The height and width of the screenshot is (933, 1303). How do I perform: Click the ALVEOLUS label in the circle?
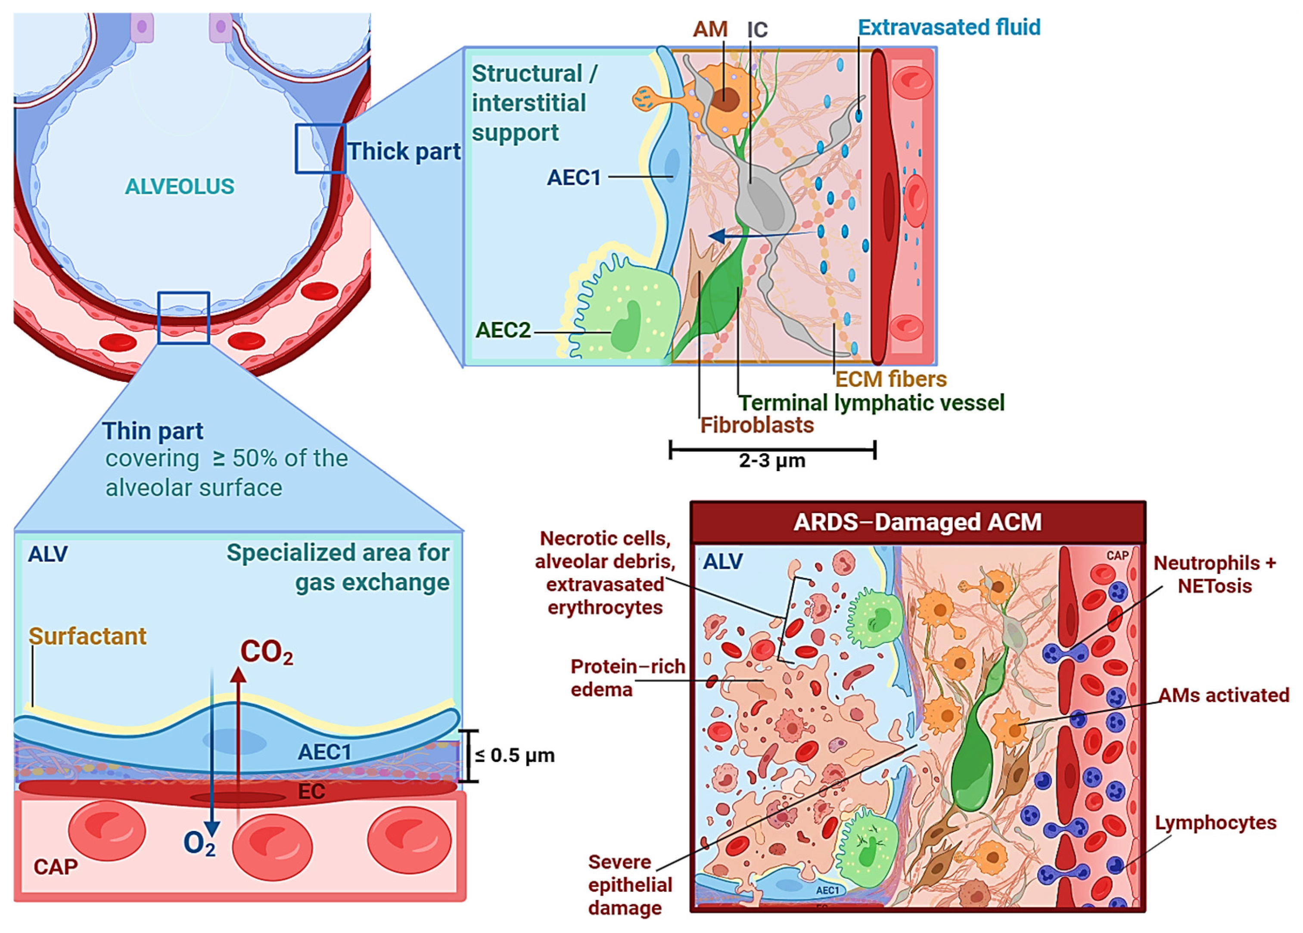point(179,186)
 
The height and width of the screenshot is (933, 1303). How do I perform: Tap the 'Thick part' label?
point(404,152)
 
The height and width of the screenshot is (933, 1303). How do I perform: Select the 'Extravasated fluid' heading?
point(949,27)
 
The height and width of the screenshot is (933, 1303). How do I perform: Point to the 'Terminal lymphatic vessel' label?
point(871,403)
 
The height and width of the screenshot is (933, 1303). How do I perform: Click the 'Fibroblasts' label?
point(757,425)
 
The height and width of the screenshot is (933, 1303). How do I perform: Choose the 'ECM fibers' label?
point(890,379)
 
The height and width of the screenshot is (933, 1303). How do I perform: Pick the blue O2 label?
point(199,843)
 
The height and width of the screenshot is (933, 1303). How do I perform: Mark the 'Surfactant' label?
point(87,636)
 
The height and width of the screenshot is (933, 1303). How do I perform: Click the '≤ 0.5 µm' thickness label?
point(515,755)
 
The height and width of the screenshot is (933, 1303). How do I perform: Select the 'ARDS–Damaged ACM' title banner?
point(917,522)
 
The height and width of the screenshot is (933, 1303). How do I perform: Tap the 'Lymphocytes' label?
point(1216,823)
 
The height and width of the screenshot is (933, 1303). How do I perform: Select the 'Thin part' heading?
point(153,431)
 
